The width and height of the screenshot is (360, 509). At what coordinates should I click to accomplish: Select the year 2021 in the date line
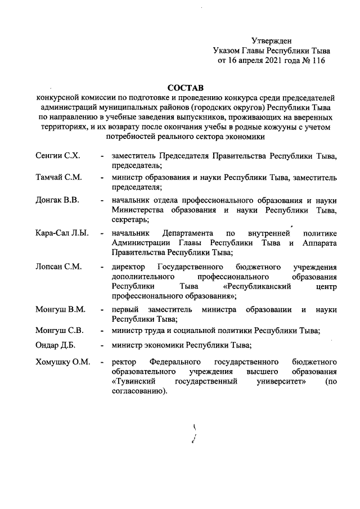[267, 60]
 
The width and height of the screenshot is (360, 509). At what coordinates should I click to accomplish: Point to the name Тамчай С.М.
[58, 177]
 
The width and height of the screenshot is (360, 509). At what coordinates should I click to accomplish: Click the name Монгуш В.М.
[61, 309]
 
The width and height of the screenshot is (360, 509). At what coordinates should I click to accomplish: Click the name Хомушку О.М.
[62, 361]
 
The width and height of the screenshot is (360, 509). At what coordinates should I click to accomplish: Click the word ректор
[124, 361]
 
